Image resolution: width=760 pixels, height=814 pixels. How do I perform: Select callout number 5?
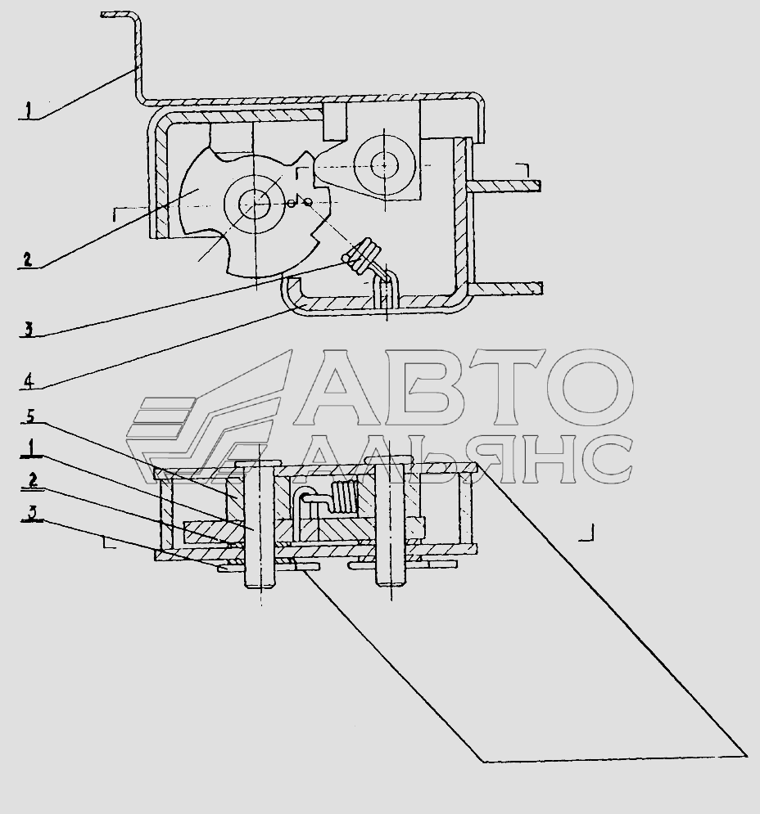tap(30, 416)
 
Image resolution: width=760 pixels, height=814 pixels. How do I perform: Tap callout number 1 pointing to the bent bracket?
tap(29, 110)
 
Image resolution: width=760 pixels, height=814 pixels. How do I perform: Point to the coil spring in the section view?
tap(342, 498)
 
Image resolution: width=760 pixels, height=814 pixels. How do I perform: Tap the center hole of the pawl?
tap(385, 165)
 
